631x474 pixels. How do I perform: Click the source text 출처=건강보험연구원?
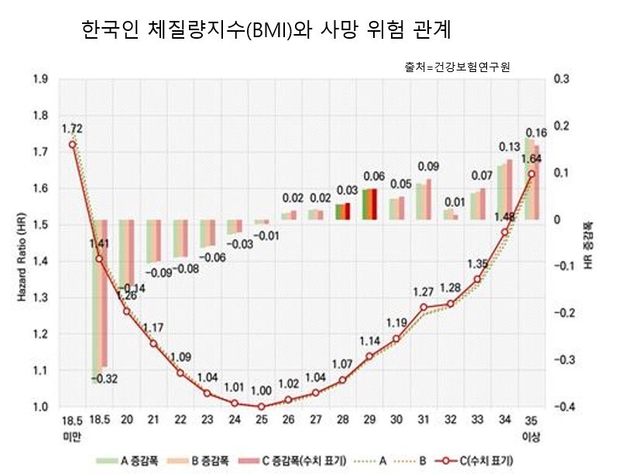pyautogui.click(x=457, y=68)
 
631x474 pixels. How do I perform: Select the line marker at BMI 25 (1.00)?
pyautogui.click(x=261, y=407)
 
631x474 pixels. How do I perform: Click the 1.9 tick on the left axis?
pyautogui.click(x=40, y=79)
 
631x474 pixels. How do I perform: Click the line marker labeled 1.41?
pyautogui.click(x=99, y=259)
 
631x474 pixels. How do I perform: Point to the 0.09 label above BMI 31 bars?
pyautogui.click(x=424, y=166)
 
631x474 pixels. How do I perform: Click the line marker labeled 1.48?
pyautogui.click(x=504, y=232)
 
